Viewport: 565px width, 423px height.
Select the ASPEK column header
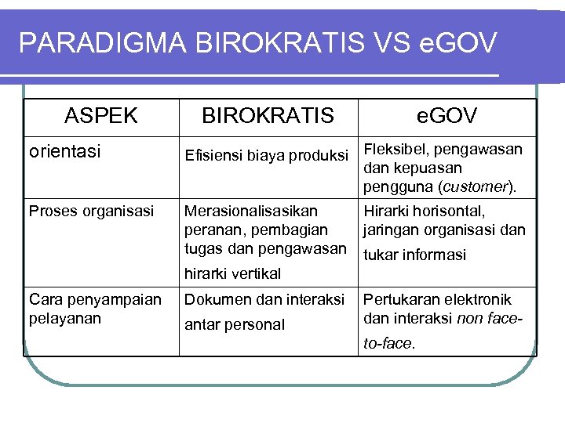[x=101, y=116]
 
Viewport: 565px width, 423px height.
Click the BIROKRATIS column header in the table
[x=268, y=116]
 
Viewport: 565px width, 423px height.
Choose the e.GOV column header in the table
[x=447, y=116]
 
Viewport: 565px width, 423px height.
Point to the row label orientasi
[x=65, y=151]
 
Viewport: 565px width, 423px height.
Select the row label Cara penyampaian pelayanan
[x=95, y=309]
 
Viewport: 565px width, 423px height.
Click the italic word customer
[x=473, y=186]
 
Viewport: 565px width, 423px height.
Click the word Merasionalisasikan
[x=250, y=211]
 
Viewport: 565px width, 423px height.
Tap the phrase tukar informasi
[x=414, y=255]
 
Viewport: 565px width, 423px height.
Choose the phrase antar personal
[x=234, y=324]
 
